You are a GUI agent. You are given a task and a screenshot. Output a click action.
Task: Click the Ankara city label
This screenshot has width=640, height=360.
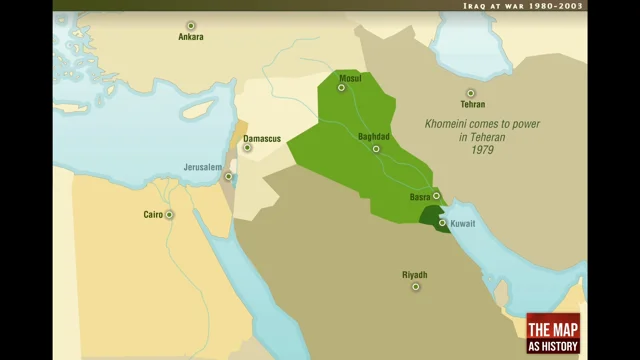(x=190, y=37)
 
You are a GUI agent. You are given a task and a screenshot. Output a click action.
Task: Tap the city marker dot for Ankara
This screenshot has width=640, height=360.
(x=190, y=25)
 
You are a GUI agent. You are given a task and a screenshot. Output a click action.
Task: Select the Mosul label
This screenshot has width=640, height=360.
(x=350, y=77)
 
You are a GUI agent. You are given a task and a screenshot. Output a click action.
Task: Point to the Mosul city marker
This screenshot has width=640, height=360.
(x=341, y=88)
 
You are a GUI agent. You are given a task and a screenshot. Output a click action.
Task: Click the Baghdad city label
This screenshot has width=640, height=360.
(x=375, y=137)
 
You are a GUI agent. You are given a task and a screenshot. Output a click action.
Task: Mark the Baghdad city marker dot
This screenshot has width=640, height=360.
(x=377, y=149)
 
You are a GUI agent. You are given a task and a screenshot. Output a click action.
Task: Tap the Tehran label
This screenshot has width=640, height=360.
(x=472, y=104)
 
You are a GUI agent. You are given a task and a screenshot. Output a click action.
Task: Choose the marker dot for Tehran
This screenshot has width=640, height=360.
(x=471, y=93)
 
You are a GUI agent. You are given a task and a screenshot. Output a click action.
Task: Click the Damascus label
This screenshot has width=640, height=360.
(x=262, y=137)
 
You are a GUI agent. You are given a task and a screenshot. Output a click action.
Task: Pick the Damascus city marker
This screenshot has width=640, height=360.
(x=247, y=148)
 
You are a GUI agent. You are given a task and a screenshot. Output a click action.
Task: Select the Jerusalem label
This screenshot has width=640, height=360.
(x=202, y=167)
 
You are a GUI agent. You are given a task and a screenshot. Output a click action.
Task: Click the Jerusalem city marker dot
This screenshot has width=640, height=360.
(x=229, y=177)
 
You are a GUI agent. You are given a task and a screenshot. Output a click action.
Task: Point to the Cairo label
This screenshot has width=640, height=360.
(x=153, y=214)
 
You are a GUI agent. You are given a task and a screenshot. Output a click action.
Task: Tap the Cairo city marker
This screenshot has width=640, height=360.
(x=170, y=214)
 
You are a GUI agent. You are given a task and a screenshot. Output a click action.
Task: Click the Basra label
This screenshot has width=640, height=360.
(x=420, y=197)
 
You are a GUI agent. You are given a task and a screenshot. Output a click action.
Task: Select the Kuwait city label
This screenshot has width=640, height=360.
(x=463, y=223)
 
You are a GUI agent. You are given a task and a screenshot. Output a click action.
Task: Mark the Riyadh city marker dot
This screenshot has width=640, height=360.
(x=415, y=287)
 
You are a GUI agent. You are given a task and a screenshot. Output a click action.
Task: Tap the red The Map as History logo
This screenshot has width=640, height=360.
(x=553, y=333)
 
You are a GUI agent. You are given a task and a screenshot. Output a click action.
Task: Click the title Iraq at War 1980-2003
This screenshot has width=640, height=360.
(x=522, y=6)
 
